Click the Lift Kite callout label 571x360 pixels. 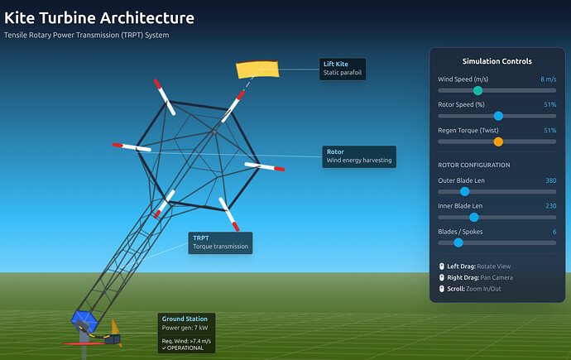click(x=343, y=68)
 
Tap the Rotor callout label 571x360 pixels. click(x=358, y=156)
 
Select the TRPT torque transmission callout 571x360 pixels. click(x=218, y=242)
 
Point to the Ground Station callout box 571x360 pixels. click(x=186, y=333)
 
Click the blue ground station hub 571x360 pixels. click(x=84, y=319)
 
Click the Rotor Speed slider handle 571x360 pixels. click(x=498, y=116)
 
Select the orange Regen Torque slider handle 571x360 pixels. click(x=498, y=142)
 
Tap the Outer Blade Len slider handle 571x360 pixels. click(x=465, y=191)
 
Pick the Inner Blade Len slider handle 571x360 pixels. click(x=473, y=217)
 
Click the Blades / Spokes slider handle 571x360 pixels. click(x=458, y=242)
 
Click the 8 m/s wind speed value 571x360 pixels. click(x=548, y=79)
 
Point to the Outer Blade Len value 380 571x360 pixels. click(x=550, y=180)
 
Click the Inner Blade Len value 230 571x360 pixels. click(x=550, y=206)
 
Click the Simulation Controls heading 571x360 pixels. click(x=497, y=61)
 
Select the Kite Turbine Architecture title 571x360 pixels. click(x=100, y=17)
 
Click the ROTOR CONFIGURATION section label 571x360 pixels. click(x=475, y=165)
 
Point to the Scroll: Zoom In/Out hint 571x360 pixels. click(x=477, y=288)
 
